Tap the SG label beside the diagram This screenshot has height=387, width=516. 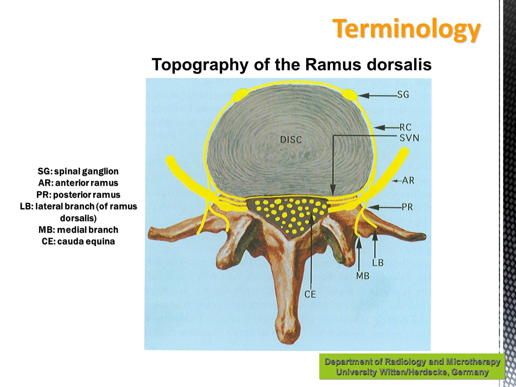tap(403, 95)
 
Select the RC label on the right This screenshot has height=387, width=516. tap(405, 127)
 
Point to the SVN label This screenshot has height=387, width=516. tap(409, 138)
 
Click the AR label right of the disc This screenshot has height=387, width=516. tap(408, 180)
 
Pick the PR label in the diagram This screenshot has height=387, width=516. tap(407, 207)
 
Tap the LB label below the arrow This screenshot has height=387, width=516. tap(378, 262)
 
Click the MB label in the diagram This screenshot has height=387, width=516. tap(363, 276)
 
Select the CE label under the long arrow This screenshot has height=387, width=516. tap(310, 294)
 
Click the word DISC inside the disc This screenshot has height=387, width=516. tap(291, 140)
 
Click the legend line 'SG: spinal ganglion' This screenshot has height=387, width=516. tap(78, 171)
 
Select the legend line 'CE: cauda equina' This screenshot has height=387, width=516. tap(78, 242)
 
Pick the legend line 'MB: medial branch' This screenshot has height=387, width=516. tap(78, 230)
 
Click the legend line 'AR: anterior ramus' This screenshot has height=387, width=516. tap(78, 183)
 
